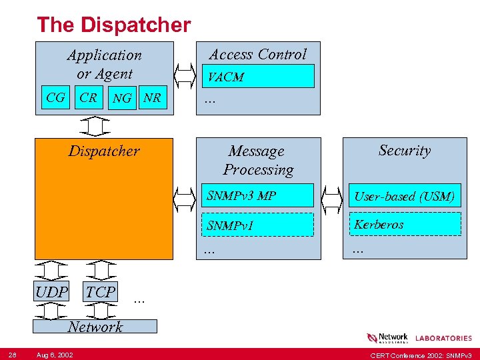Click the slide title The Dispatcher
pos(113,25)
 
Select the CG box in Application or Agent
pos(56,98)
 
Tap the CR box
pos(88,98)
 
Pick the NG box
pos(122,98)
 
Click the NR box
pos(152,98)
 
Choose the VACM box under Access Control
pos(258,77)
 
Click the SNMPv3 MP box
pos(258,195)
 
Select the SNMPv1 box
pos(258,225)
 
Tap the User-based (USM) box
pos(404,195)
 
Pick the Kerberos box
pos(404,225)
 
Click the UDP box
pos(51,292)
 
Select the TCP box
pos(101,291)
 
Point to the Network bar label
pos(95,327)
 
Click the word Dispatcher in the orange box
pos(104,151)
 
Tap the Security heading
pos(404,151)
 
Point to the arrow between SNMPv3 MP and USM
pos(331,197)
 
